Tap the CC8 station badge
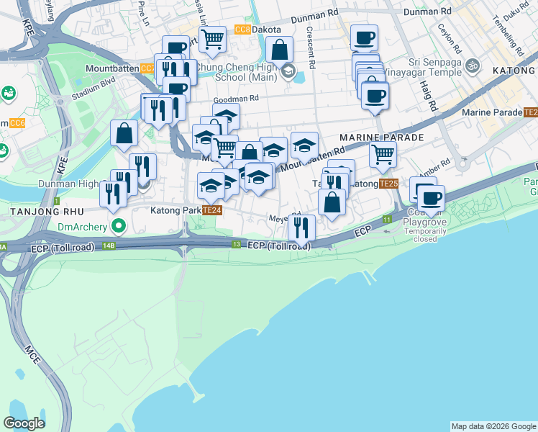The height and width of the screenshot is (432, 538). coord(242,29)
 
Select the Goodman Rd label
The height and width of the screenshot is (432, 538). coord(235,99)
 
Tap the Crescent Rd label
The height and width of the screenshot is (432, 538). coord(311,49)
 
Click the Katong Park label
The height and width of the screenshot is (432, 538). coord(175,210)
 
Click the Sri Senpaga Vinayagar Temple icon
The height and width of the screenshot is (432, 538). coord(473,67)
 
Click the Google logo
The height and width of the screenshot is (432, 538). coord(24,423)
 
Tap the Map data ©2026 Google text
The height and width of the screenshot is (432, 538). coord(493,426)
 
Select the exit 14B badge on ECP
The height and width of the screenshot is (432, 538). coord(109,246)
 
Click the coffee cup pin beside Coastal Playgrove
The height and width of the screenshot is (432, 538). coord(431,198)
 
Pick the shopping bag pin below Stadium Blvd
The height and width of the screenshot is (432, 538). coord(124,132)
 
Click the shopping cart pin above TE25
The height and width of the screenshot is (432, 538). coord(383,153)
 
